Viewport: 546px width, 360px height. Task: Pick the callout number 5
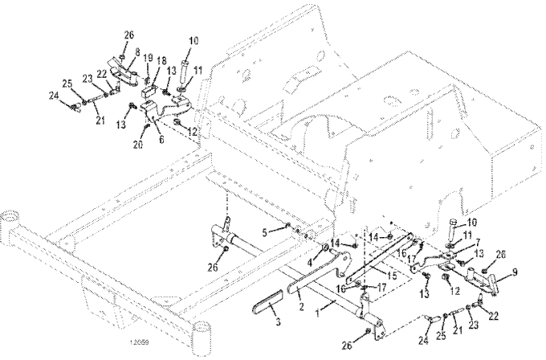(x=266, y=233)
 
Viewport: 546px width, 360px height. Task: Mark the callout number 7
(x=456, y=242)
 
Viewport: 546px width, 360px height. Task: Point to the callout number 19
(x=146, y=59)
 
